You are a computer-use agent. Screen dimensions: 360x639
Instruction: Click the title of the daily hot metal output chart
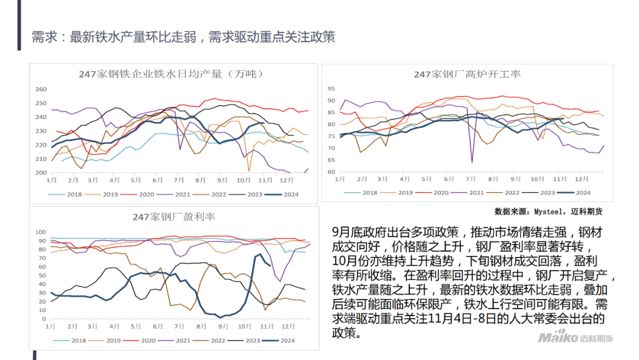(171, 74)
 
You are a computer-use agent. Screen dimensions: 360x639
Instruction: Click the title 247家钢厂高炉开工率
(467, 74)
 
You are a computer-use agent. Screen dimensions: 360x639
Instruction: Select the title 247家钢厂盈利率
(174, 217)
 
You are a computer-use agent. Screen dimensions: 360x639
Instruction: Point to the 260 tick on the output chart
(41, 89)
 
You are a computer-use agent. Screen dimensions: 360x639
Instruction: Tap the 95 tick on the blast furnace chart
(331, 88)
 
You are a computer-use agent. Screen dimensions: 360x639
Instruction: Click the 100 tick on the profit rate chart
(40, 232)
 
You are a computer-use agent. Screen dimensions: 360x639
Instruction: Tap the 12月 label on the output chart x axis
(286, 179)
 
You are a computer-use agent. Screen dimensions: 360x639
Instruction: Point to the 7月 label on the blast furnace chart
(471, 178)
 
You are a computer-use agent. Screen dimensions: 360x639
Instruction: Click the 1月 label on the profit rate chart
(51, 326)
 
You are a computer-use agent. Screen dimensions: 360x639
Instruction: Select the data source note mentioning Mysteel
(548, 211)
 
